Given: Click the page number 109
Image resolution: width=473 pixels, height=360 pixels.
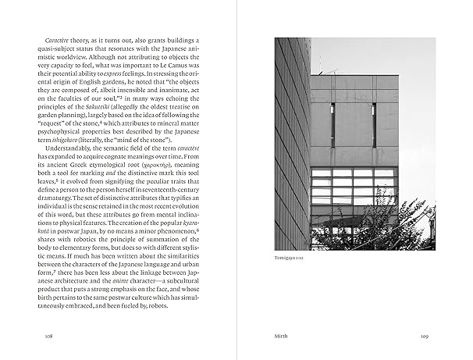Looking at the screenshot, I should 425,336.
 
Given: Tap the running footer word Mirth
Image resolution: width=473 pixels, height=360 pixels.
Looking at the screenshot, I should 281,336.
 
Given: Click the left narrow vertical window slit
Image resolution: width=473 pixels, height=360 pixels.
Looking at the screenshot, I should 333,125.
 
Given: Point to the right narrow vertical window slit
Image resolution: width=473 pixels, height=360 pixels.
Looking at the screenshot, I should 374,125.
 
